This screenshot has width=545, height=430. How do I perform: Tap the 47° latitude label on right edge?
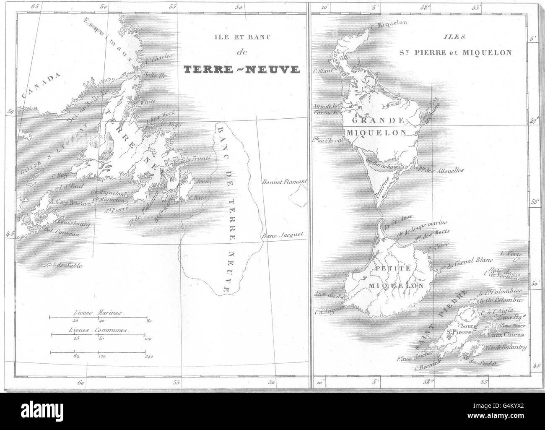532,122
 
